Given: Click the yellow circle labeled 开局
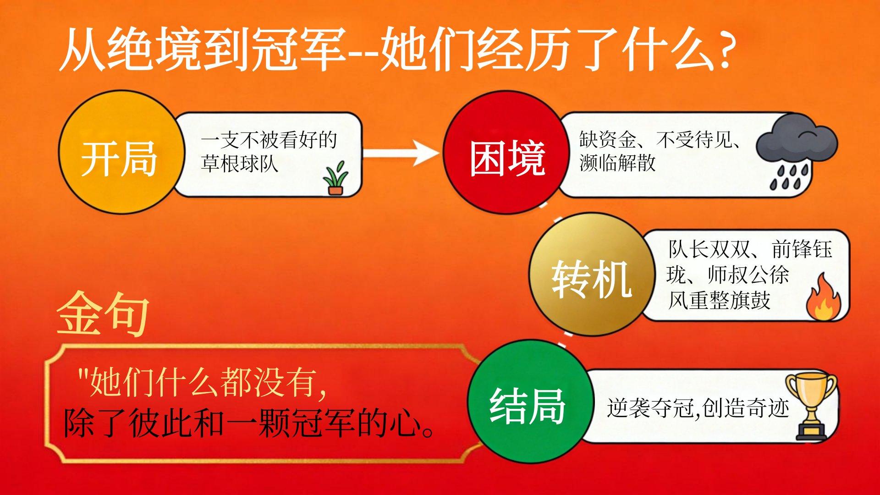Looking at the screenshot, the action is coord(121,152).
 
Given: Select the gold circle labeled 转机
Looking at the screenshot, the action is coord(592,274).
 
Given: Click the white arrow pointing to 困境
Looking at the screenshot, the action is coord(401,153).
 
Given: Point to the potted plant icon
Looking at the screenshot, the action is coord(335,178).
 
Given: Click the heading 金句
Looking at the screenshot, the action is coord(104,314).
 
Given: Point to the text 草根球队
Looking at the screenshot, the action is coord(240,164).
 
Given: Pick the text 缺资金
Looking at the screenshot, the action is coord(608,139).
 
